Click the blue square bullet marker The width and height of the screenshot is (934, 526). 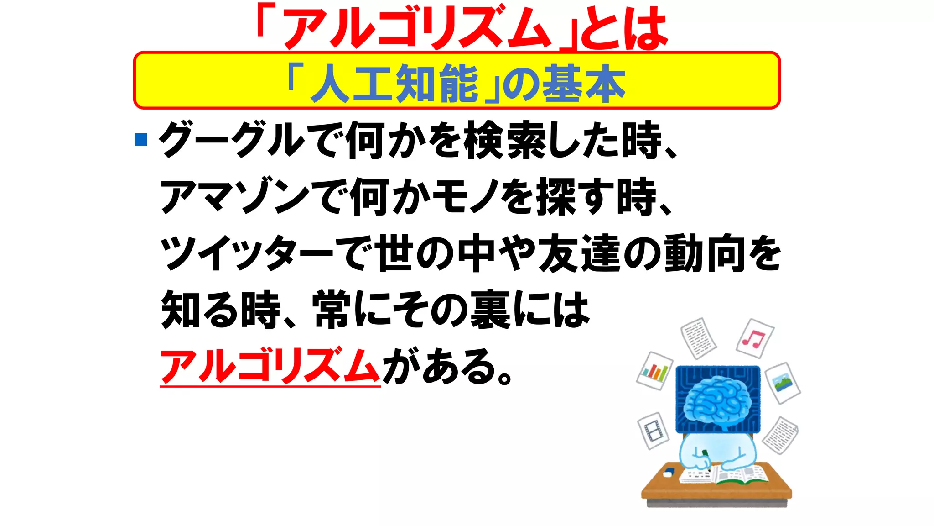(x=141, y=139)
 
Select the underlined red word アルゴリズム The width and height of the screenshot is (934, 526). (x=270, y=366)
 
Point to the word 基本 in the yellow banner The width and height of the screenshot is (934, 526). (x=584, y=84)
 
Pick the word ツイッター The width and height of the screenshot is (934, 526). (x=247, y=253)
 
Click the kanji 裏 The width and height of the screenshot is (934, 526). (x=490, y=310)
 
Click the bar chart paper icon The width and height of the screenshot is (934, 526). (x=655, y=370)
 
